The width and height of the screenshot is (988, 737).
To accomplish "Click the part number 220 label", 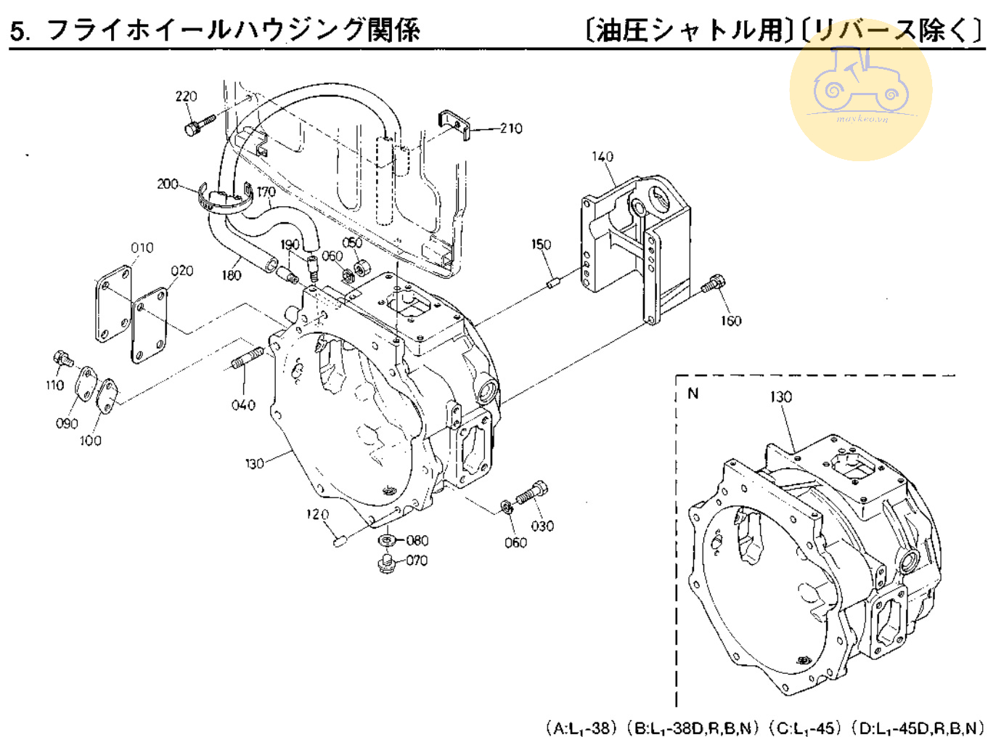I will (186, 97).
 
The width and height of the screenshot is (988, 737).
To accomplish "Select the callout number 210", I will (511, 129).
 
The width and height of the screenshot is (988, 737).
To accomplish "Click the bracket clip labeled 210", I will (456, 124).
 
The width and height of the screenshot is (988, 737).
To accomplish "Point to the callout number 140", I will (603, 157).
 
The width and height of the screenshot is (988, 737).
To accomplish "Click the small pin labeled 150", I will (553, 282).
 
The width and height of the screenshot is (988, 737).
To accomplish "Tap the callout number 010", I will (142, 248).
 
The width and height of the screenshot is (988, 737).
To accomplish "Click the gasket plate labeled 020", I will (150, 325).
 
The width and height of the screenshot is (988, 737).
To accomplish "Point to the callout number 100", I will (91, 441).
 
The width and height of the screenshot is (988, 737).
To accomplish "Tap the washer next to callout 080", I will (387, 540).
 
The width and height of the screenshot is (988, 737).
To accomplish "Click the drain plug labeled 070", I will (386, 563).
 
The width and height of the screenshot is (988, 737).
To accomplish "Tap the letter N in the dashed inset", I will (693, 394).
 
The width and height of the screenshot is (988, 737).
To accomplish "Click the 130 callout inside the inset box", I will (781, 397).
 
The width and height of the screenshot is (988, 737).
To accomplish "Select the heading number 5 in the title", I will (20, 32).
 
